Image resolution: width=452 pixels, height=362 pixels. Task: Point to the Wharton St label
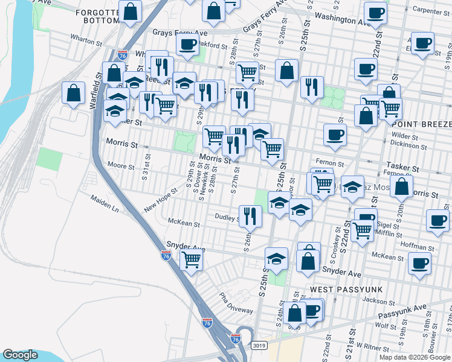point(86,41)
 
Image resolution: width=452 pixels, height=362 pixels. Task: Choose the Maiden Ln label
point(105,206)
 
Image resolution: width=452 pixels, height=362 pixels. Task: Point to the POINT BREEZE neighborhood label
point(427,124)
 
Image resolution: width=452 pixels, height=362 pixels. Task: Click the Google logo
point(20,355)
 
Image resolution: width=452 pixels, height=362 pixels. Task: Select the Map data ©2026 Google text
point(415,357)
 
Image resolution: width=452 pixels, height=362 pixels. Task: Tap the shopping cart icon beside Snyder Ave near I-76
point(191,260)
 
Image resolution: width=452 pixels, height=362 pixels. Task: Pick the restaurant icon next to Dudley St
point(250,215)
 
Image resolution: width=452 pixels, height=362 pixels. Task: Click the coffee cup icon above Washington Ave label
point(375,12)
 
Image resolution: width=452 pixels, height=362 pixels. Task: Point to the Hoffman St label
point(414,246)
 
